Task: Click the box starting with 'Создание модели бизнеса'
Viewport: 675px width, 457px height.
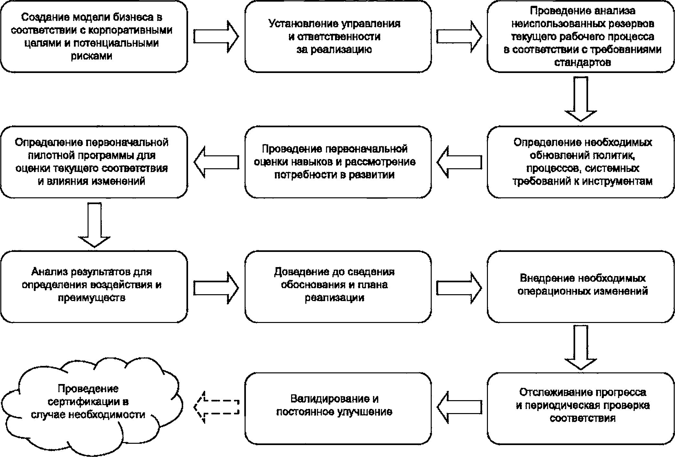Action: [x=94, y=36]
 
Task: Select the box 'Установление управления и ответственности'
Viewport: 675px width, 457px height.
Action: [x=338, y=36]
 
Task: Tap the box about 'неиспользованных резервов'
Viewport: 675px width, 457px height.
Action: [x=581, y=36]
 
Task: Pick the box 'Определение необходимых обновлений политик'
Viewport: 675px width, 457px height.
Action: [x=581, y=162]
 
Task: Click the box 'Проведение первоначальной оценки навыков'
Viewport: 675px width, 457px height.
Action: [x=338, y=162]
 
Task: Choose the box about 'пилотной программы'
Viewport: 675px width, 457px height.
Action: [x=94, y=162]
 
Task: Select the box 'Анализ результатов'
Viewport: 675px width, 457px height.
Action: [x=94, y=287]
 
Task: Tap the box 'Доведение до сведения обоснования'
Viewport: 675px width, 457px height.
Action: [x=338, y=287]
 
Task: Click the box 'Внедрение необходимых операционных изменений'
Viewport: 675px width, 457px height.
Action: [x=581, y=287]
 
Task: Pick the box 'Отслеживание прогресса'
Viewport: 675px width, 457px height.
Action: [x=581, y=408]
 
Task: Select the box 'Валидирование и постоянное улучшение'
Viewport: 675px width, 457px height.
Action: [x=338, y=408]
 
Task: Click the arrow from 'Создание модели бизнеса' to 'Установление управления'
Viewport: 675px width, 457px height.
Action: [x=216, y=36]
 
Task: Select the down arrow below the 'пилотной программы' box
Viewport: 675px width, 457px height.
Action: [x=95, y=225]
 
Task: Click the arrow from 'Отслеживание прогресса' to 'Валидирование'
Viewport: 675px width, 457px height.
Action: [x=459, y=407]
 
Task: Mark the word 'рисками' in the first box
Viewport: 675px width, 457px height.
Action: [x=91, y=56]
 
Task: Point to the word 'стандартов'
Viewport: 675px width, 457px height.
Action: [x=583, y=62]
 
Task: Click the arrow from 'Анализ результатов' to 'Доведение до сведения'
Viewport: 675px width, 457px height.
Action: [x=216, y=287]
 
